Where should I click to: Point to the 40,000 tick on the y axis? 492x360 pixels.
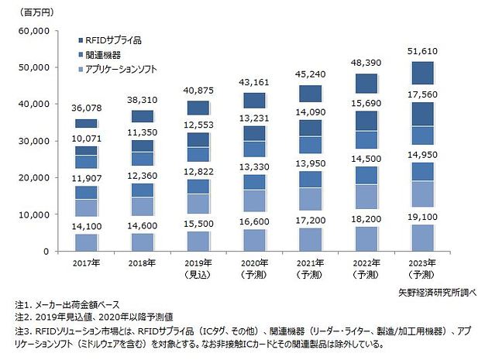[34, 105]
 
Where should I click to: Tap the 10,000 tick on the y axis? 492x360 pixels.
[34, 215]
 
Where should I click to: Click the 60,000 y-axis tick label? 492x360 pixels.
[34, 31]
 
